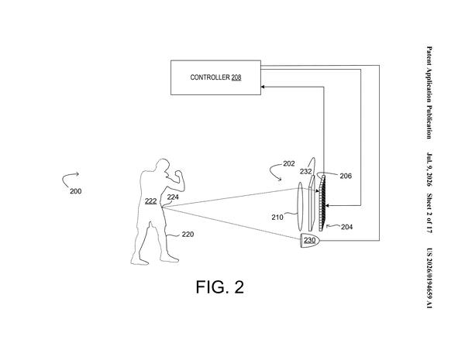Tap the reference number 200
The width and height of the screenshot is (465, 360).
76,191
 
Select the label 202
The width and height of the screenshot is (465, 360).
289,163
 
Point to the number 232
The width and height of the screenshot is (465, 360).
306,172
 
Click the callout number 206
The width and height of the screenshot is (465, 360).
346,176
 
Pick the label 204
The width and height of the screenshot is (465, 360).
346,227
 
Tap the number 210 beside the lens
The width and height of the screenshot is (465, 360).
277,218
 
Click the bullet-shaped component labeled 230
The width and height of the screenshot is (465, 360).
309,240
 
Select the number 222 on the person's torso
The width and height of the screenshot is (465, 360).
150,201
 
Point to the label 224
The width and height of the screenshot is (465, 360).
173,197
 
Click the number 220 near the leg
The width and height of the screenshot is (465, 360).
188,235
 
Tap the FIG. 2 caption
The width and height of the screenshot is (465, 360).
220,286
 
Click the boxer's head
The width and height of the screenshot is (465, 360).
163,166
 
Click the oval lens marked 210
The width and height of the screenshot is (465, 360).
300,206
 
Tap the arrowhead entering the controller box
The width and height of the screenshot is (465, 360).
263,87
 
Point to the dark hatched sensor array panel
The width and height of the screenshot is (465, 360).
322,203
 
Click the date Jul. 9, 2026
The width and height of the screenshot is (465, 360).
429,170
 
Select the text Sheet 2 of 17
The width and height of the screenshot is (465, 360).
429,214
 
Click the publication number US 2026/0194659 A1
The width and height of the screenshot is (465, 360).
429,278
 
